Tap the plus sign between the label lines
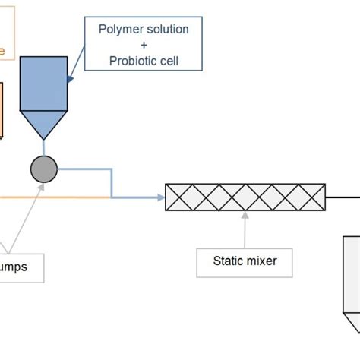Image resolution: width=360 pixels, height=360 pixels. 144,46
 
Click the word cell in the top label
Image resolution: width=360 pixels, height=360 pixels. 168,61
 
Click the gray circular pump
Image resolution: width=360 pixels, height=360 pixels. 44,169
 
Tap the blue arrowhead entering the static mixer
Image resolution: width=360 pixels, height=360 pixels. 160,198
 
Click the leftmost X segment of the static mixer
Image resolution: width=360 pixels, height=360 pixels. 178,197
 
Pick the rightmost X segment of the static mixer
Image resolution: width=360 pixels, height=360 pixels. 311,197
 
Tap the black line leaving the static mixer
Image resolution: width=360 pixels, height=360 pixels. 343,197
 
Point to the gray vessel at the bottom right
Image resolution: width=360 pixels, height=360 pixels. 350,281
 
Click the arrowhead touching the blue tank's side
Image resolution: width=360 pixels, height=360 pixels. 71,77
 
